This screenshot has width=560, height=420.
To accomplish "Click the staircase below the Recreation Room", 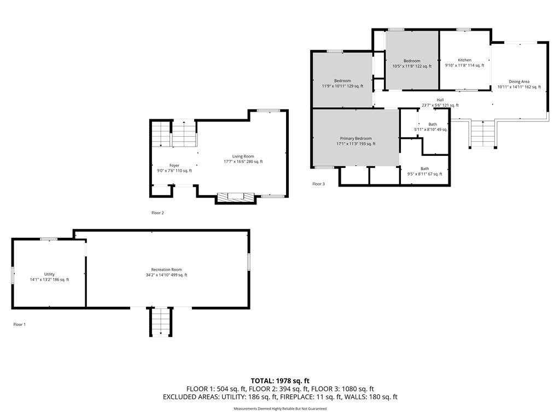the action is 161,322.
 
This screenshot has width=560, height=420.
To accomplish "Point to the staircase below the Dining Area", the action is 482,134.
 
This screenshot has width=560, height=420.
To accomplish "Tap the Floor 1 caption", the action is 20,325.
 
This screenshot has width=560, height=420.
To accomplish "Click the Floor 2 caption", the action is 157,213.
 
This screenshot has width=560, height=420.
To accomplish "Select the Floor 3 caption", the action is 319,184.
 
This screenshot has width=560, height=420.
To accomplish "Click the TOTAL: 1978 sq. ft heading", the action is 280,381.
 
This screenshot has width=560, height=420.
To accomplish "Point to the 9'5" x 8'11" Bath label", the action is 424,171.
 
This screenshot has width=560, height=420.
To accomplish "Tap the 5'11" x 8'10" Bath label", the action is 431,127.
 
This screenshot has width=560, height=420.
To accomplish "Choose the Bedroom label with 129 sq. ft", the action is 342,83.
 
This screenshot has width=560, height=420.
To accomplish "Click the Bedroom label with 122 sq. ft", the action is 412,63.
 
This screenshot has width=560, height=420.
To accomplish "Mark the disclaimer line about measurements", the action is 280,409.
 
